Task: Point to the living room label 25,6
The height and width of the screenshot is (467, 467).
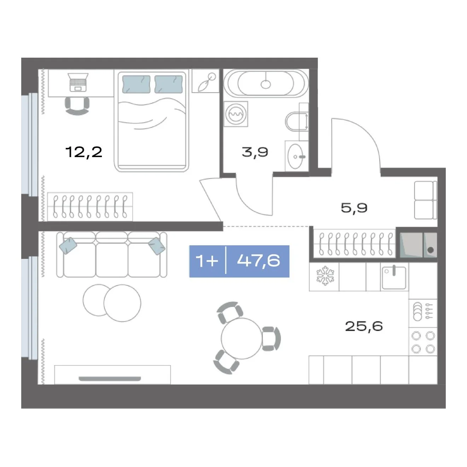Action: click(364, 326)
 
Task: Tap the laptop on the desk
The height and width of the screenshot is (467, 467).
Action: click(78, 82)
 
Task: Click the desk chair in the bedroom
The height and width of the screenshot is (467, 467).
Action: click(77, 106)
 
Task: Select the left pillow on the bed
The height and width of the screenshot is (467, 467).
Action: click(136, 84)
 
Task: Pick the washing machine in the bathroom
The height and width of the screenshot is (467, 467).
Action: click(236, 114)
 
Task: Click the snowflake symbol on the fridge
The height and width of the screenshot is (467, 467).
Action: click(325, 276)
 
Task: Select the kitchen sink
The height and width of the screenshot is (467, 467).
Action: click(394, 278)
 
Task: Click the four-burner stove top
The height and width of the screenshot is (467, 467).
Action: click(423, 342)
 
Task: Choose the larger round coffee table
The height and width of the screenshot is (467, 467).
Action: click(122, 303)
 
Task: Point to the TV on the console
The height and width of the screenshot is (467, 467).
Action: click(110, 379)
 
